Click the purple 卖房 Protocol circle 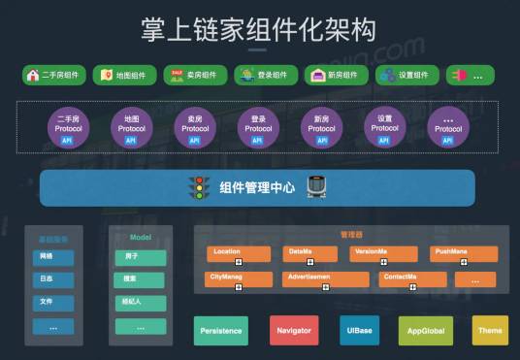(195, 127)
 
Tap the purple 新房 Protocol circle (323, 127)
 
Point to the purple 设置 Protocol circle (385, 127)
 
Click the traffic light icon (200, 188)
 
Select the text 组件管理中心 (256, 188)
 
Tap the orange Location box (238, 254)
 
